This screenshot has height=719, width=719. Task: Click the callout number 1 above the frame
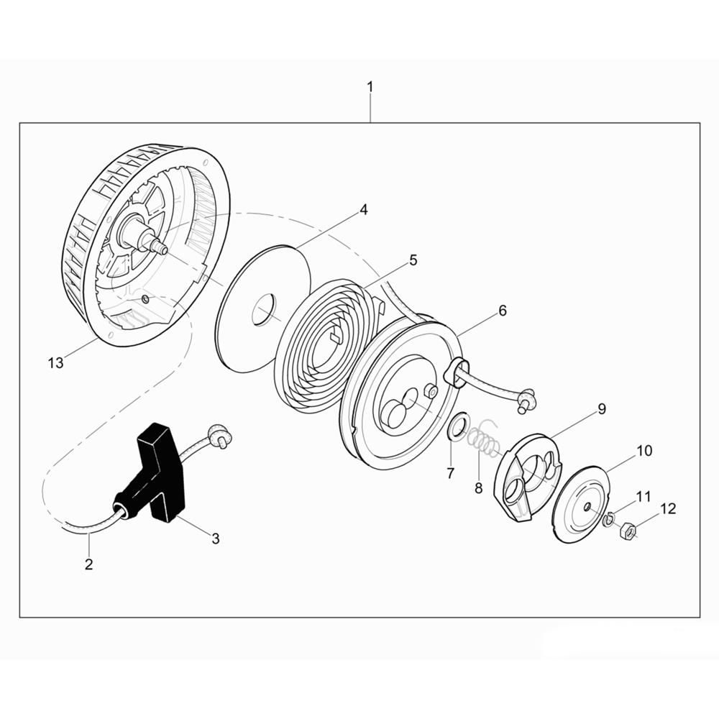pyautogui.click(x=370, y=87)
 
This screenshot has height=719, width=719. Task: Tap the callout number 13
pyautogui.click(x=56, y=363)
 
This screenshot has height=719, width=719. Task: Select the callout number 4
pyautogui.click(x=364, y=210)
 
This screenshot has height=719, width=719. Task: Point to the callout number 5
pyautogui.click(x=413, y=260)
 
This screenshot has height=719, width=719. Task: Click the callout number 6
pyautogui.click(x=502, y=311)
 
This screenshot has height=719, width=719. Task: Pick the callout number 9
pyautogui.click(x=601, y=409)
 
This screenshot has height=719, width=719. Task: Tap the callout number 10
pyautogui.click(x=644, y=451)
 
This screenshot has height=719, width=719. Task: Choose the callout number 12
pyautogui.click(x=668, y=509)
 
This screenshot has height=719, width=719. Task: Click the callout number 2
pyautogui.click(x=88, y=564)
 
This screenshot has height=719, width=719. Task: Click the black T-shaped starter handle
pyautogui.click(x=162, y=467)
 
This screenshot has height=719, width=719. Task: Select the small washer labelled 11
pyautogui.click(x=609, y=518)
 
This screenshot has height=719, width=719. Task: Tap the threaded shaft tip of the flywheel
pyautogui.click(x=162, y=248)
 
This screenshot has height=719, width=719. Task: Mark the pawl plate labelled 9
pyautogui.click(x=527, y=475)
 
